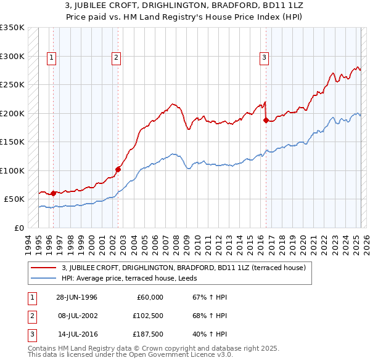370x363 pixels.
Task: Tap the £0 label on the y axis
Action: [19, 228]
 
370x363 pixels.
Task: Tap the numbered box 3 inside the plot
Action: [264, 58]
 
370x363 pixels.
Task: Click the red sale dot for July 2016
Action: [266, 121]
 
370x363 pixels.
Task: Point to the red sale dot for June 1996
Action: [53, 193]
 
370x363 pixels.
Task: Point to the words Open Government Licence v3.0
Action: [180, 355]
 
